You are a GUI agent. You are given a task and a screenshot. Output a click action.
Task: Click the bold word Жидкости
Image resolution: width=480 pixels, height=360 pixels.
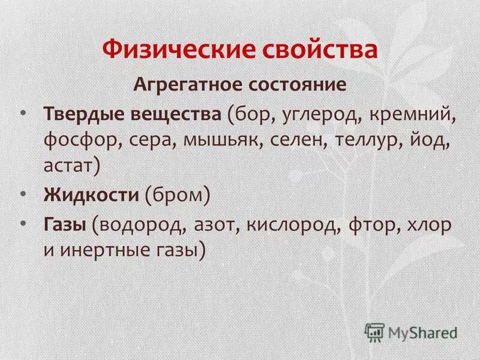pos(90,195)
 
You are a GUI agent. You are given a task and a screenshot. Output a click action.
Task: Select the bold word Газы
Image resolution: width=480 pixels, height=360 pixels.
pos(64,226)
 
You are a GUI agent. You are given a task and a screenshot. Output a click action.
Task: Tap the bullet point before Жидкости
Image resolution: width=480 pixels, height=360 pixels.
pos(23,193)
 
